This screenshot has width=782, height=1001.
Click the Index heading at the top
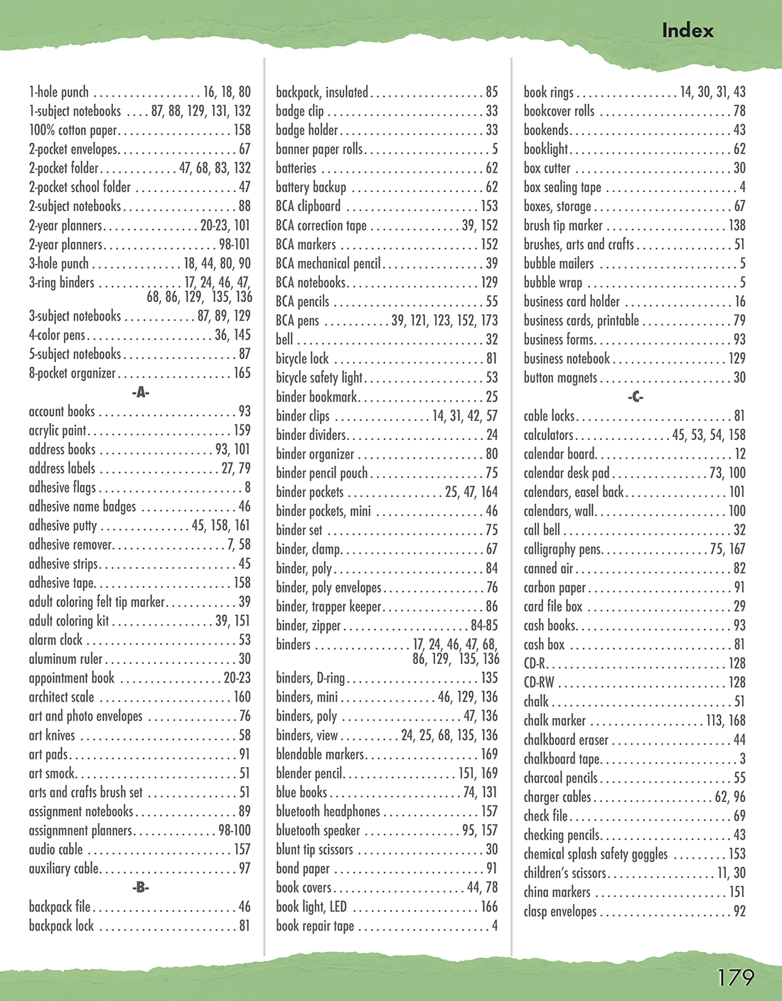[687, 31]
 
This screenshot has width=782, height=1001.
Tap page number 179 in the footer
[735, 978]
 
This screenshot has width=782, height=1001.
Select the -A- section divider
[140, 392]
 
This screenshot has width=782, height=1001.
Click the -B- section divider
[140, 887]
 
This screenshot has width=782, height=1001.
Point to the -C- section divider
[635, 397]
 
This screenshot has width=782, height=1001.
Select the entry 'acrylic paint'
[58, 430]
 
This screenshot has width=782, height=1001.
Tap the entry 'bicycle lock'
[302, 358]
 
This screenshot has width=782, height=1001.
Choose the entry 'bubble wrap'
[552, 282]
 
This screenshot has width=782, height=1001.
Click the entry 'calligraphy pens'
[562, 549]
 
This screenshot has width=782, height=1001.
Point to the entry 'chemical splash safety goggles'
[596, 854]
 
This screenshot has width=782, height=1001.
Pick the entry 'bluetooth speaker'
[318, 830]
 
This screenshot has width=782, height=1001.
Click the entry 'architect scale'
[61, 697]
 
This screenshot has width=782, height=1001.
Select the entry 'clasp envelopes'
[560, 911]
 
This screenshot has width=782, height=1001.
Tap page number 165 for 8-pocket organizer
[242, 373]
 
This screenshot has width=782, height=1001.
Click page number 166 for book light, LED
[489, 906]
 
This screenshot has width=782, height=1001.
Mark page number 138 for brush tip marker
[737, 225]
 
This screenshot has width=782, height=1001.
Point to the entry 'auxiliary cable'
[63, 868]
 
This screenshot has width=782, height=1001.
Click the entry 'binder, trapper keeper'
[328, 606]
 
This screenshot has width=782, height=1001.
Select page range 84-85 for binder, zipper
[484, 626]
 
